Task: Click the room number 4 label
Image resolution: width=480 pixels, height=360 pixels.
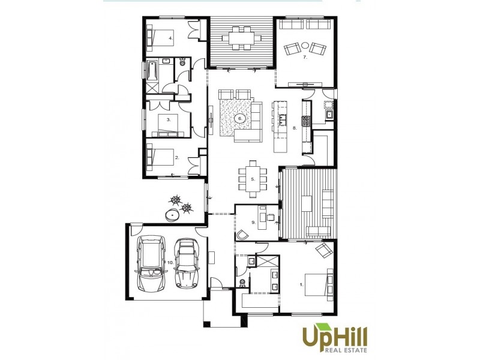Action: (171, 38)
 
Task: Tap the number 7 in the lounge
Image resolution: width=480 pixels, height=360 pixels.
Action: (305, 58)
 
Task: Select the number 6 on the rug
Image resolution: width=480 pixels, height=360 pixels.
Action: (240, 119)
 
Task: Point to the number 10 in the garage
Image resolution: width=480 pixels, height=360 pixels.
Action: (170, 262)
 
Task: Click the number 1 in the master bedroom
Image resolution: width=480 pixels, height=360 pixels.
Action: (301, 285)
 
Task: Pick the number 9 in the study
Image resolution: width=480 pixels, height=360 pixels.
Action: (254, 223)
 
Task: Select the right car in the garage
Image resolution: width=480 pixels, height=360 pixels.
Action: (187, 263)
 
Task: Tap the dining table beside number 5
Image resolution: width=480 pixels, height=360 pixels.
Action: (252, 178)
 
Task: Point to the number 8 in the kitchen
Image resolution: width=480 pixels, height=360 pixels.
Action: (295, 128)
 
